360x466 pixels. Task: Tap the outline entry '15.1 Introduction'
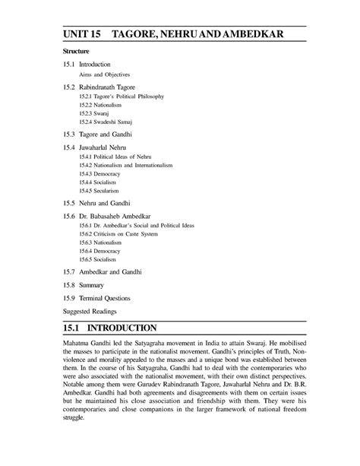coord(88,65)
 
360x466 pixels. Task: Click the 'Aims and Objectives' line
coord(106,76)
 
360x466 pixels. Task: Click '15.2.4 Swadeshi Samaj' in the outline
coord(109,122)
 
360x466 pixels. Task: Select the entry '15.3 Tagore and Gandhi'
coord(96,134)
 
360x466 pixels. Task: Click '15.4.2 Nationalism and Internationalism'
coord(129,164)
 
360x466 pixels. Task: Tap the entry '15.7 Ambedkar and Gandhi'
coord(101,271)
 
